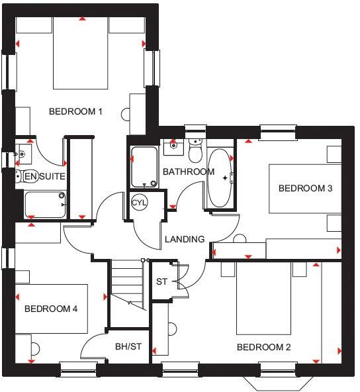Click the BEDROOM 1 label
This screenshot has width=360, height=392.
coord(75,111)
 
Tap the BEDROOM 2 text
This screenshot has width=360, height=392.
coord(263,347)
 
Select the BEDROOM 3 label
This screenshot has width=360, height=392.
coord(305,188)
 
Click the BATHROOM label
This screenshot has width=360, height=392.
coord(189,172)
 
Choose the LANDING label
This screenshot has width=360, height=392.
coord(185,239)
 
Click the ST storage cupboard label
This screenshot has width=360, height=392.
coord(161,282)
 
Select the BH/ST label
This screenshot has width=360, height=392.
coord(128,346)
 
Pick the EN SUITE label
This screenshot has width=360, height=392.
coord(44,176)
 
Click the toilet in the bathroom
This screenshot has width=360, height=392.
coord(195,152)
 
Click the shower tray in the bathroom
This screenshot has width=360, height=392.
coord(144,168)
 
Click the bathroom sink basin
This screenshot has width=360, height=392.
coord(173,144)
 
